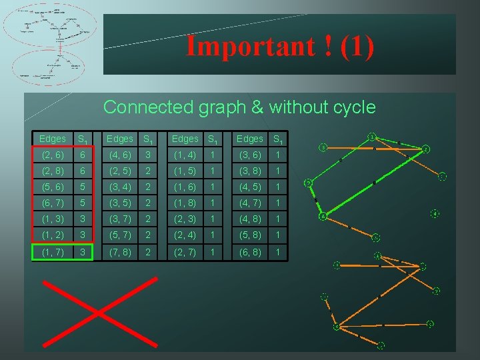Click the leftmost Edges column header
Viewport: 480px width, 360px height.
coord(52,139)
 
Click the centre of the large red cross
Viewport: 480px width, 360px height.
coord(97,311)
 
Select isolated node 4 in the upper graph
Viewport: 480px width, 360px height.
coord(435,213)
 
